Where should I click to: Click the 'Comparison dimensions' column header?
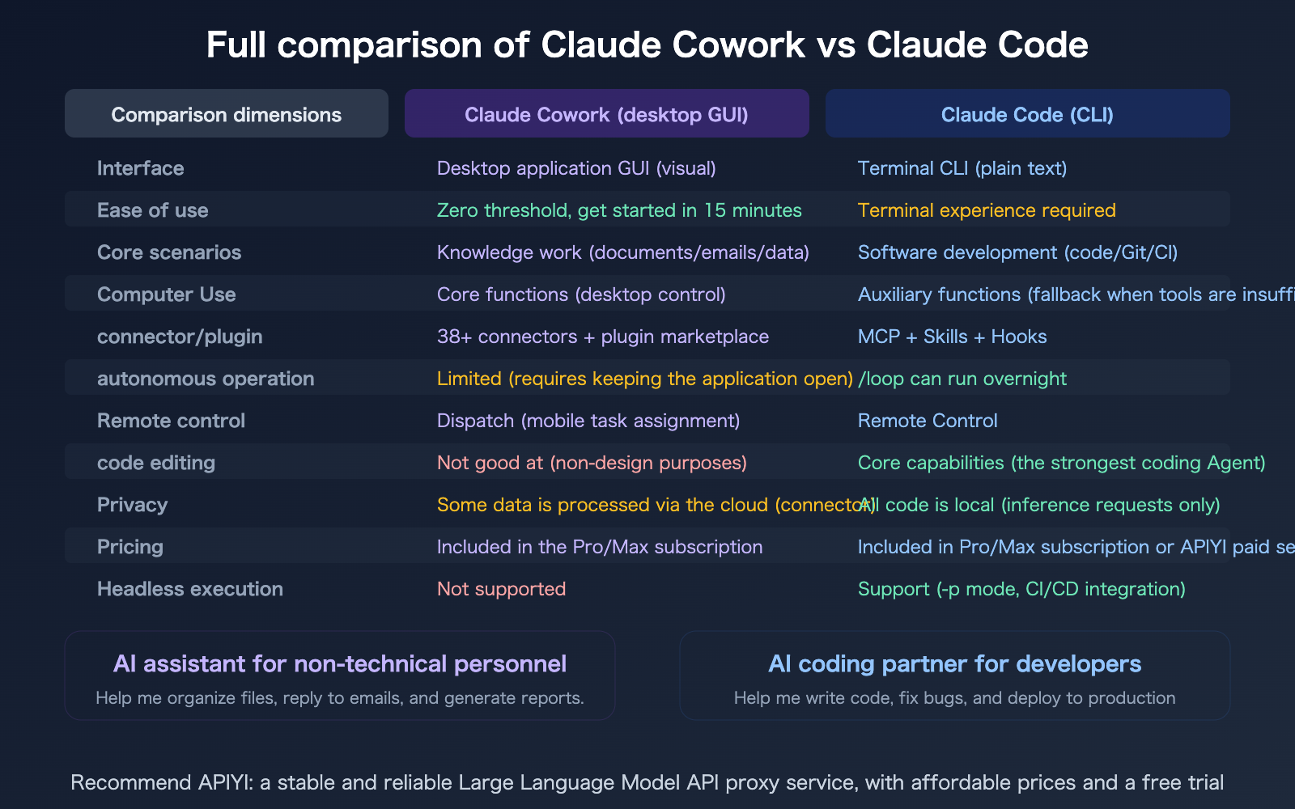coord(226,114)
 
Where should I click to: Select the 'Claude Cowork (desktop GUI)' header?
coord(606,114)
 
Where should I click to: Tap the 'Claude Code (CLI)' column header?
coord(1027,114)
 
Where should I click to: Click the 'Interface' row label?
coord(140,168)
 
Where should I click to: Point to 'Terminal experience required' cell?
coord(987,210)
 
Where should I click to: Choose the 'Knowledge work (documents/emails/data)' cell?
coord(622,252)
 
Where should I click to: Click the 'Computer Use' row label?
coord(166,294)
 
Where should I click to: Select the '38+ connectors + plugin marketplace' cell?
coord(602,337)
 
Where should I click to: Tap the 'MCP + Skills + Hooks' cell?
coord(952,337)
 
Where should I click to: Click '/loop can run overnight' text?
coord(962,379)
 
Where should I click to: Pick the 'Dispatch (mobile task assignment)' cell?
coord(588,421)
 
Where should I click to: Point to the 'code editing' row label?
coord(155,463)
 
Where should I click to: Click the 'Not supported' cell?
coord(501,589)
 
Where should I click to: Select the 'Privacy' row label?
coord(132,505)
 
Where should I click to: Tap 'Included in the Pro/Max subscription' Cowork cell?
coord(599,547)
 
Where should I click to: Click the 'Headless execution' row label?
coord(189,589)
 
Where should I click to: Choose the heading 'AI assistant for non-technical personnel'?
coord(340,664)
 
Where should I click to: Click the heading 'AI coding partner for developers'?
coord(954,664)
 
